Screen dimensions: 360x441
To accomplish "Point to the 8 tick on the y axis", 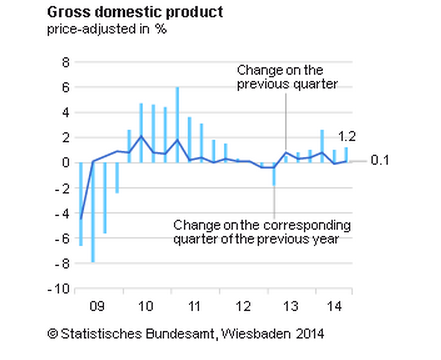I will (64, 62).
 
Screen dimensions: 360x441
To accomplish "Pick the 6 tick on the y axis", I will (64, 87).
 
